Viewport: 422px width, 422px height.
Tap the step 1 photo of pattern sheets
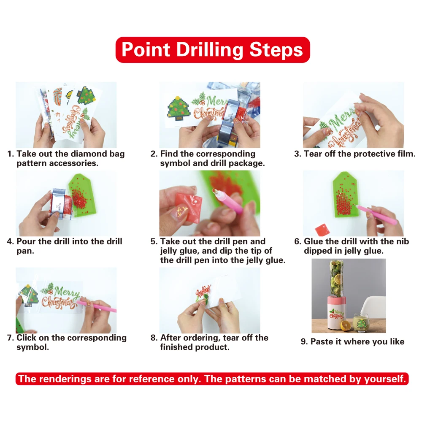click(66, 115)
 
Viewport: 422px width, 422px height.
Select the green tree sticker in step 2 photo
click(179, 108)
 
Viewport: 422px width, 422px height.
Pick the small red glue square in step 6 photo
click(322, 229)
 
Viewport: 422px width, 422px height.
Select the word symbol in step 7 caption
click(32, 347)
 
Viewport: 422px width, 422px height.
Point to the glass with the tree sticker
click(361, 323)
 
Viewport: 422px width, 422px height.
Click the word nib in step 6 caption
click(402, 241)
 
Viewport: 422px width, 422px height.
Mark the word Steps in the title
click(276, 50)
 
